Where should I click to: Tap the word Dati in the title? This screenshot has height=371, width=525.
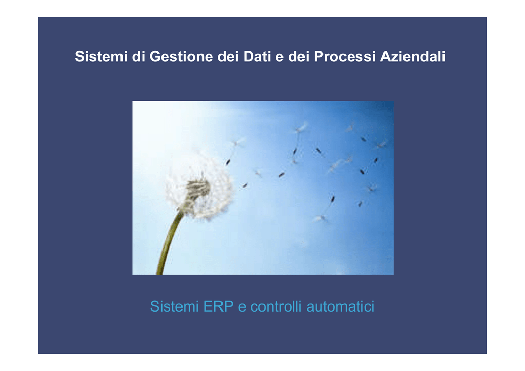tap(257, 56)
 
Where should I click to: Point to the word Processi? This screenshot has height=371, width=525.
tap(345, 56)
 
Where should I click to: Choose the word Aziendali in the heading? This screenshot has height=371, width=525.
tap(413, 56)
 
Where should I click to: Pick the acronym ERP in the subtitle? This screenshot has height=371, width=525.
tap(218, 306)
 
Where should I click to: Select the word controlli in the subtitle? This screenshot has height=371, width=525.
tap(276, 306)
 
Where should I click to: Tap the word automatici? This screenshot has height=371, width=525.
tap(340, 306)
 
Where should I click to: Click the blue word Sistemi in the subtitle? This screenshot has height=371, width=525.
tap(174, 306)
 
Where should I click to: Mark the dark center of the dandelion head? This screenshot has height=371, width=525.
tap(198, 189)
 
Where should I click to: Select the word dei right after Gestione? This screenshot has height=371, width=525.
tap(228, 56)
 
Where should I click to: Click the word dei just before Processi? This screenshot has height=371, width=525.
tap(299, 56)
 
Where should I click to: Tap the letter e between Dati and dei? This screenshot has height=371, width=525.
tap(279, 57)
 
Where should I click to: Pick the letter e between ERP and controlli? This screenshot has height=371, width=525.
tap(242, 308)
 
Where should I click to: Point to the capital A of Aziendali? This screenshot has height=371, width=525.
tap(386, 56)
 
